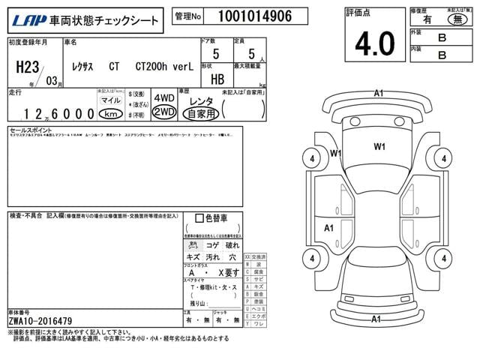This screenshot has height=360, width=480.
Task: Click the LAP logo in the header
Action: [x=23, y=19]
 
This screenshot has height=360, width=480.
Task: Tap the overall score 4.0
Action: [x=375, y=43]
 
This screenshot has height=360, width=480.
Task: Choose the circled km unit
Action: [x=111, y=114]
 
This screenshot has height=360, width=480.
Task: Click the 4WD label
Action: [x=163, y=98]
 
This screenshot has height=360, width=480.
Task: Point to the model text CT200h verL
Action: [x=164, y=66]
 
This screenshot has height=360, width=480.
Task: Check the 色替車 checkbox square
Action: [x=199, y=218]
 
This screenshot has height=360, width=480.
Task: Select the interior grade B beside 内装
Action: [x=442, y=54]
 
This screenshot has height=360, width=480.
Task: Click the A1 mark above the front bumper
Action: [x=378, y=92]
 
